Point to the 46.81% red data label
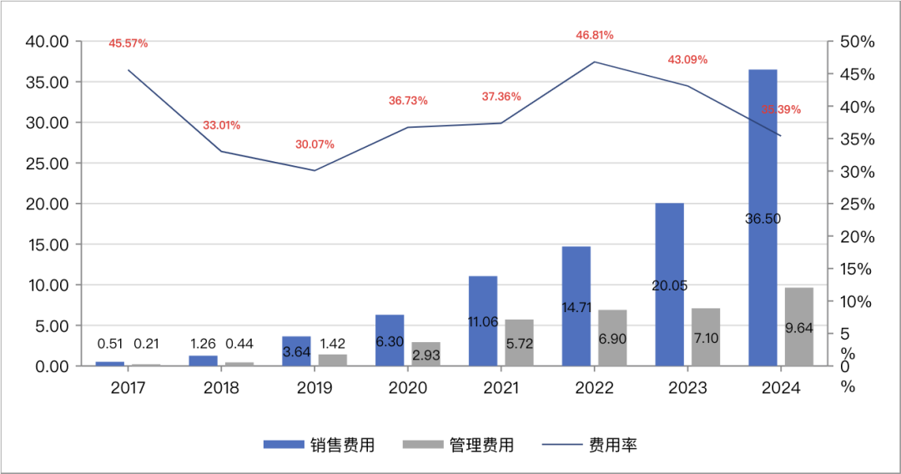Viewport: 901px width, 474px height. (x=595, y=35)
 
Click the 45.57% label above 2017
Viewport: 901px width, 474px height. (x=128, y=43)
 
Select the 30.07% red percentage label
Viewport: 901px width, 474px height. (x=315, y=144)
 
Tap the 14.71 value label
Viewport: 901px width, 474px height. (x=576, y=308)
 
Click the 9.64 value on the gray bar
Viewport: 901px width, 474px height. (x=799, y=328)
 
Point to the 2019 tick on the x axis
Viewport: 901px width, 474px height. (x=315, y=388)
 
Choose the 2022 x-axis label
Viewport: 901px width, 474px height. (x=595, y=388)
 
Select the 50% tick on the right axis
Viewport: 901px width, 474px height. (x=857, y=42)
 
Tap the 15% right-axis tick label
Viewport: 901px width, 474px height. (x=857, y=269)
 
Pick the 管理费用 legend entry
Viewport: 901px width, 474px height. (x=458, y=445)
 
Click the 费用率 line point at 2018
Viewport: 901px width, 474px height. (x=221, y=151)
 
